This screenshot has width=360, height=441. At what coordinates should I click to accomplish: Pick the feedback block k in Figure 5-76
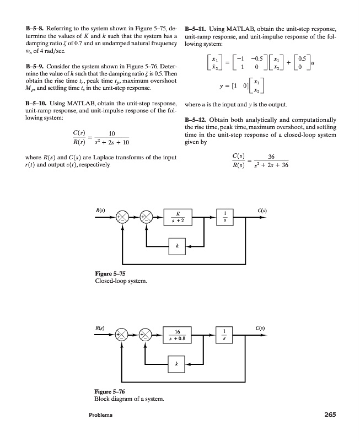(176, 364)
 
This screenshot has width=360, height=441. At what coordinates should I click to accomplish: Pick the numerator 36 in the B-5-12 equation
(271, 157)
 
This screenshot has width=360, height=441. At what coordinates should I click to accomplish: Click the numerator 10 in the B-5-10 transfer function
(111, 133)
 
